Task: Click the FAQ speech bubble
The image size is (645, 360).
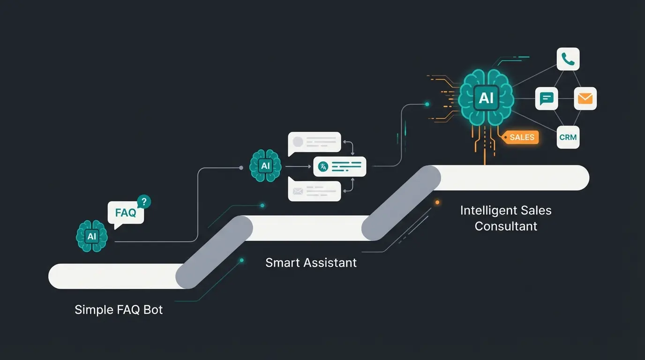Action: click(125, 213)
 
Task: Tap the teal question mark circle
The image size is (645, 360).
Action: click(144, 202)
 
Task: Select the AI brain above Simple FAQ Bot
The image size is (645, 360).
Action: click(92, 236)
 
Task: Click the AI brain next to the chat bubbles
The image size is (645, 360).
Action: click(266, 165)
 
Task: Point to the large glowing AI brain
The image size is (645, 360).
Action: click(486, 98)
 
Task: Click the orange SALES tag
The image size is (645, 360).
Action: click(521, 137)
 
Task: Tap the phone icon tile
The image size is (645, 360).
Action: click(568, 60)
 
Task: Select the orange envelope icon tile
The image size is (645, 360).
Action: click(585, 98)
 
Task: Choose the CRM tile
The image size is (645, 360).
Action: click(568, 137)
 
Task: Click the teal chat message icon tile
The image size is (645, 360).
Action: click(547, 98)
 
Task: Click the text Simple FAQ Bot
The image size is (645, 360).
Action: click(119, 310)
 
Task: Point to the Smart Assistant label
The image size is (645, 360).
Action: click(311, 262)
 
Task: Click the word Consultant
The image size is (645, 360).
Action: click(506, 226)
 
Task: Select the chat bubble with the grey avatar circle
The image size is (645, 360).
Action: click(315, 142)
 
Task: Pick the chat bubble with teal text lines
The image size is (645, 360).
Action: click(339, 166)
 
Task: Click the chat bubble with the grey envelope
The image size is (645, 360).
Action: click(315, 191)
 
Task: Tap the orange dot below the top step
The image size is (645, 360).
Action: click(437, 202)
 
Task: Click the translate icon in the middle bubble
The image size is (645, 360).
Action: click(323, 166)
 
